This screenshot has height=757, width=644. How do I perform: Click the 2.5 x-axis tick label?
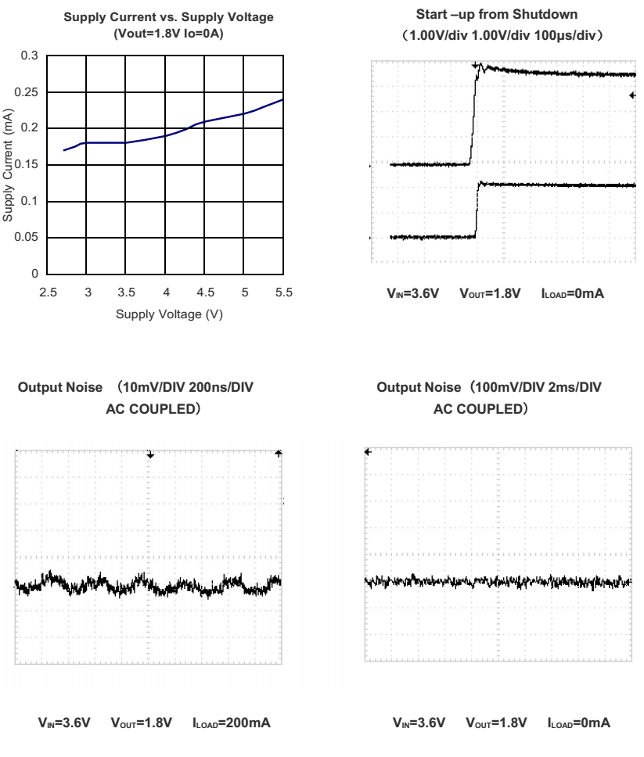[49, 292]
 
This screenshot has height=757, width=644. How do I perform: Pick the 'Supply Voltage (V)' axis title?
[165, 314]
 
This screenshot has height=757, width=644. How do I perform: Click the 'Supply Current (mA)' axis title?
[9, 164]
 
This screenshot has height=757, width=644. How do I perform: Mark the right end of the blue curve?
[283, 99]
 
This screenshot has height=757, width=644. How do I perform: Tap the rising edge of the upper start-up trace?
[473, 117]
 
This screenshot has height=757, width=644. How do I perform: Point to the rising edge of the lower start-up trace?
[477, 210]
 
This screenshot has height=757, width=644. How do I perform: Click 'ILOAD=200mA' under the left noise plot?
[232, 720]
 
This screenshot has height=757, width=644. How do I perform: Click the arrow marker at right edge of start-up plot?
[632, 95]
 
